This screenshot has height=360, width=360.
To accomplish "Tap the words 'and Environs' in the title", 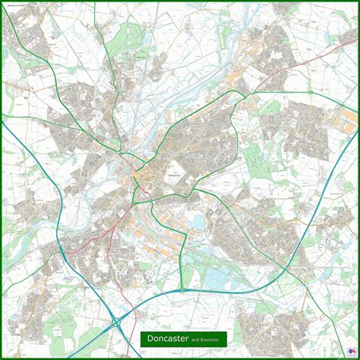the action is coord(204,339).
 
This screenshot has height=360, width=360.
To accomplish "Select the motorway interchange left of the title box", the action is coord(118,322).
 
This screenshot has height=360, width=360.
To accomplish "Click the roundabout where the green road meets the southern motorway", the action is coord(182,289).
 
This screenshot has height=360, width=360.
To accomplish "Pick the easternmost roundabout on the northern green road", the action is coord(310,93).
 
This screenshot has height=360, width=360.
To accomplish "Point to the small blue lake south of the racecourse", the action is coord(198,222).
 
